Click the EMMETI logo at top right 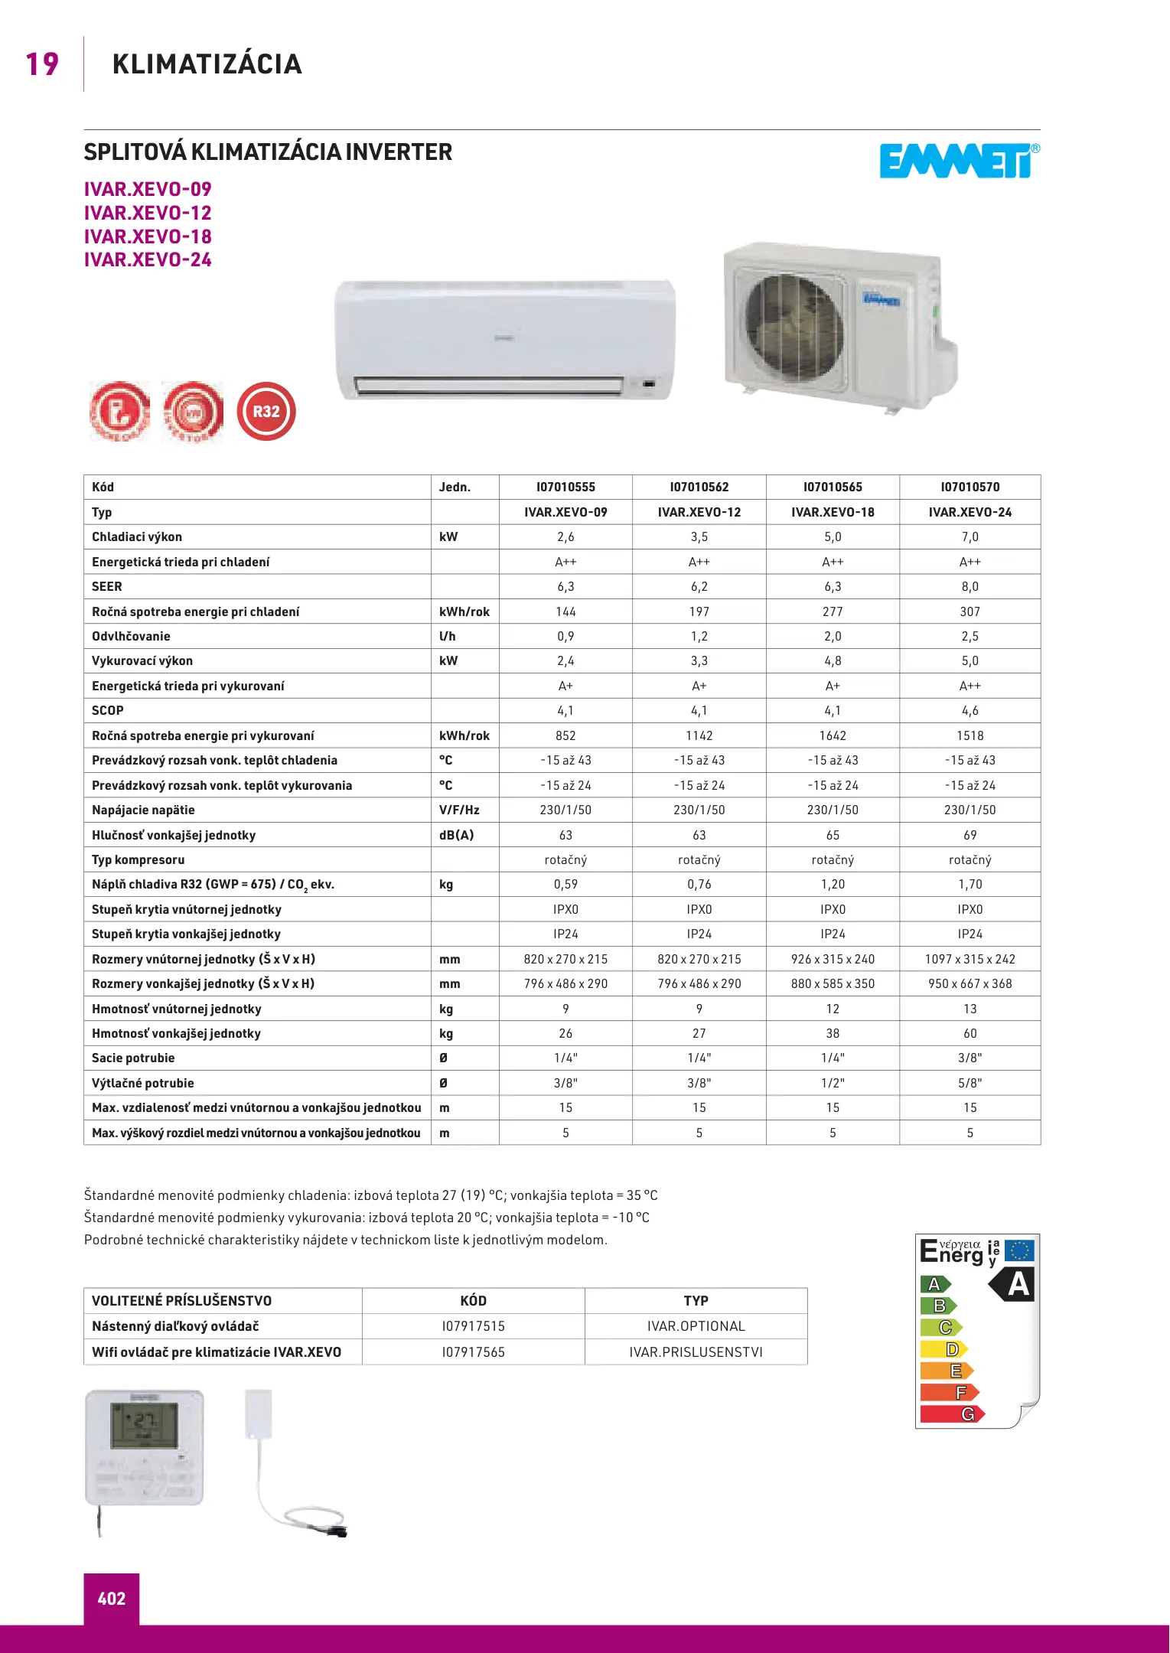(x=958, y=161)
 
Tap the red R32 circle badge (x=266, y=412)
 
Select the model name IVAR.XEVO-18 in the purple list (x=148, y=236)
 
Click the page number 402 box (x=112, y=1598)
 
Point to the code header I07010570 (x=970, y=487)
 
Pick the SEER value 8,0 (x=970, y=586)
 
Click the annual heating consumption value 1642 (x=833, y=735)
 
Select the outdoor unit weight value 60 (x=970, y=1033)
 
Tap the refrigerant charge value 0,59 (x=565, y=884)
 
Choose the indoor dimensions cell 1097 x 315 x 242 (x=970, y=959)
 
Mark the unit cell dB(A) (x=456, y=835)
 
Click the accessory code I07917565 (x=473, y=1352)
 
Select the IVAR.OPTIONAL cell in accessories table (x=696, y=1326)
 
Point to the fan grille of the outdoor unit (x=794, y=329)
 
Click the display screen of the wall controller (x=144, y=1425)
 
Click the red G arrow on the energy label (x=952, y=1414)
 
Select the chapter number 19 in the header (x=42, y=64)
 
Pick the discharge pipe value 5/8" (x=970, y=1083)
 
